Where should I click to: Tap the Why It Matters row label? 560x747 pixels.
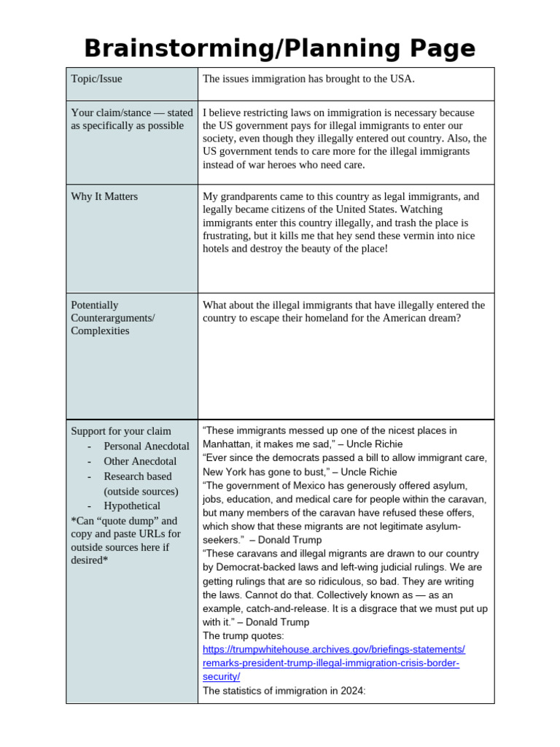tap(104, 197)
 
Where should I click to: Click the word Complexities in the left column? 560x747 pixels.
tap(100, 331)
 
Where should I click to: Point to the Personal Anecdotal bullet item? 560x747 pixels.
tap(146, 446)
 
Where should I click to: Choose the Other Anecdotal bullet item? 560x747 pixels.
tap(139, 461)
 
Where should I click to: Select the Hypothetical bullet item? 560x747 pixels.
tap(132, 506)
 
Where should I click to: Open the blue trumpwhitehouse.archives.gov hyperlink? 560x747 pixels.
tap(333, 663)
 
